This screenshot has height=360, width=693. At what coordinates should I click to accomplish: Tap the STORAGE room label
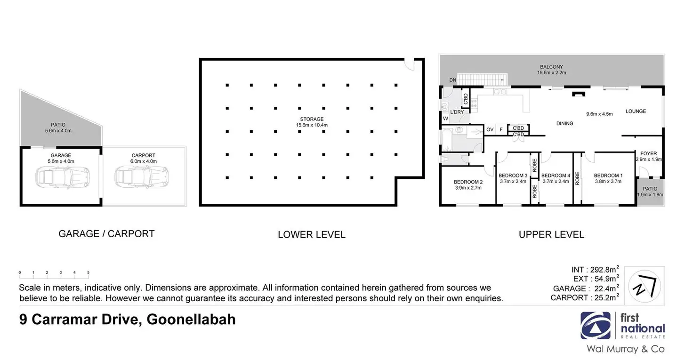311,119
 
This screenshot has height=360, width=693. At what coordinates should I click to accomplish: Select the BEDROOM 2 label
468,182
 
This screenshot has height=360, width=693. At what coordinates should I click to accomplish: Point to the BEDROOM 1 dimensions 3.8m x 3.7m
608,181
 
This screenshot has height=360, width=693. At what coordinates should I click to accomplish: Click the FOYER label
648,153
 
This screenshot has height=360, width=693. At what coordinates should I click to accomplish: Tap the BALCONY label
551,67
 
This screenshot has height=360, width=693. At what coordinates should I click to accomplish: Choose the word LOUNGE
636,112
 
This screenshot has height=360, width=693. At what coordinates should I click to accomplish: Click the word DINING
564,124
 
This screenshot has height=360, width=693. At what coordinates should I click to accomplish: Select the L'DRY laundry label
457,112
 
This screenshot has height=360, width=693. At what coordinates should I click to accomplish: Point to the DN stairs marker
452,80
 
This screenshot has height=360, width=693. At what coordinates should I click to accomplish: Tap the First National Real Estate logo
622,326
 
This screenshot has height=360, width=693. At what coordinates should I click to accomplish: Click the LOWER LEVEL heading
311,234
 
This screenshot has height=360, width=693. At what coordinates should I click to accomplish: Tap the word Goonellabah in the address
191,320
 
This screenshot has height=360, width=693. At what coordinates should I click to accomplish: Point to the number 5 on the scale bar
88,272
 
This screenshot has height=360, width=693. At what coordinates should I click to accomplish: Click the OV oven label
490,129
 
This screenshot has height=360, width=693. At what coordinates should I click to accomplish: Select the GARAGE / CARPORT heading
106,233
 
